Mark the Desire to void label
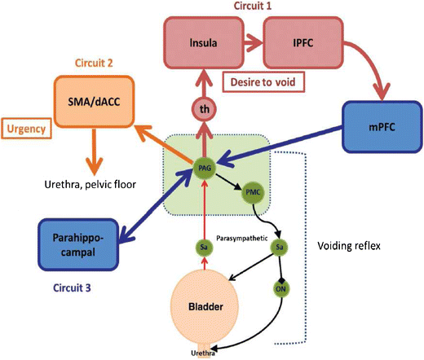[x=258, y=81]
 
